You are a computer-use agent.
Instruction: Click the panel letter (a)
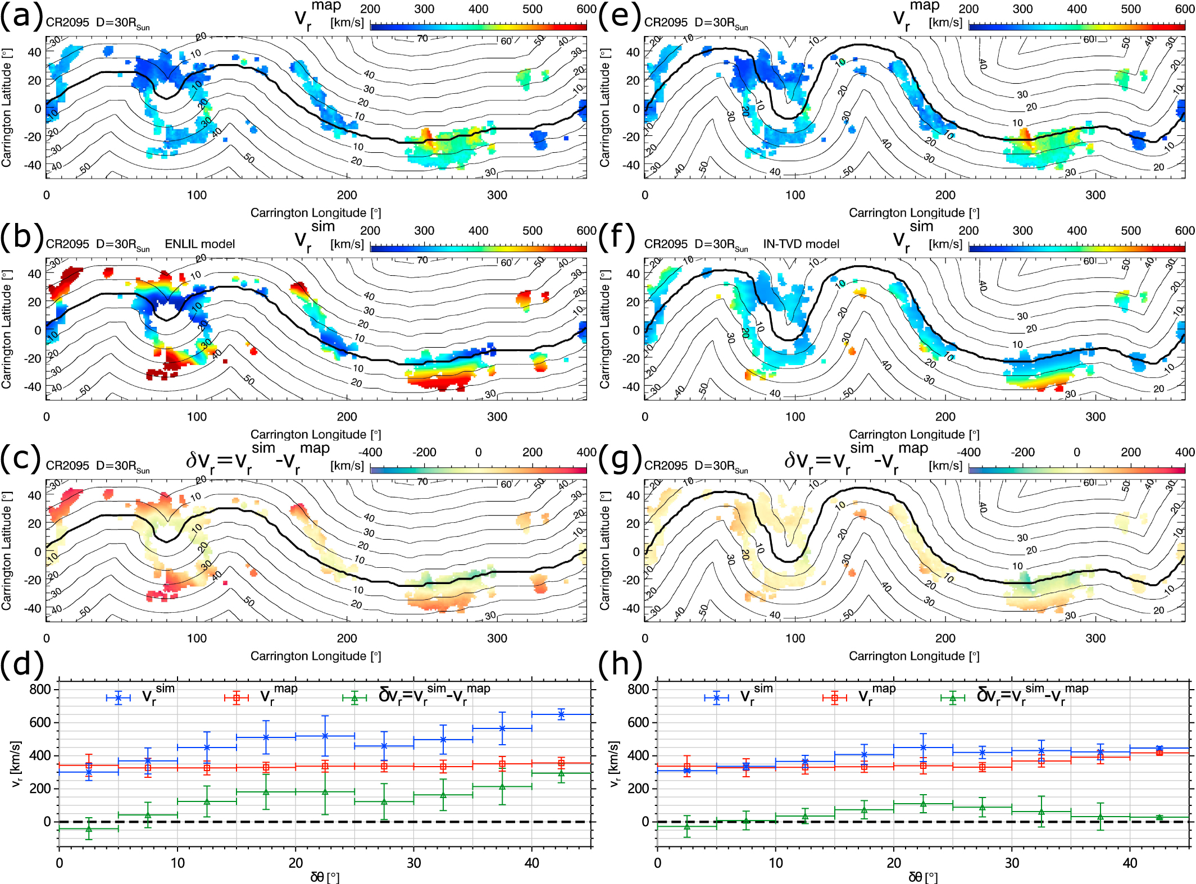[21, 16]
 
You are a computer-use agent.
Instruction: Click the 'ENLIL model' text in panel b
[199, 244]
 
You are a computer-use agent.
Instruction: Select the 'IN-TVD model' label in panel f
[801, 244]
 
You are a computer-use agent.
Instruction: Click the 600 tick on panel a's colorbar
[586, 9]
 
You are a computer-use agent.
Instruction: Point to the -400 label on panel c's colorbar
[370, 452]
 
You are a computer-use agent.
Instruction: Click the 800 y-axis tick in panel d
[40, 689]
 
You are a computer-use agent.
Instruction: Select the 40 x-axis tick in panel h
[1130, 863]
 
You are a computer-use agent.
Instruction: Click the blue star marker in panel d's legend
[118, 698]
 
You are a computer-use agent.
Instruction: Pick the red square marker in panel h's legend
[835, 698]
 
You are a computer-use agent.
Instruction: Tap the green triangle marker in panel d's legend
[354, 698]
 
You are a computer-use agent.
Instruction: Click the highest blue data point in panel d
[561, 714]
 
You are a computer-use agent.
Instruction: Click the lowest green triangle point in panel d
[89, 829]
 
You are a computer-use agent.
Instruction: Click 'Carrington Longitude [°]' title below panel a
[316, 213]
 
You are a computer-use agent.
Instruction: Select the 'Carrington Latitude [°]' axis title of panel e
[604, 107]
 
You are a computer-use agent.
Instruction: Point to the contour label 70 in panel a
[422, 38]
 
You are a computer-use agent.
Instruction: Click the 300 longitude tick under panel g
[1095, 638]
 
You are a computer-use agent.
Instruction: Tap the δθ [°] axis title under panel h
[923, 877]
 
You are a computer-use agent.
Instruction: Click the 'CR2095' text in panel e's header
[666, 22]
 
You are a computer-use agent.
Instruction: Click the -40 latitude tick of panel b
[34, 386]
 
